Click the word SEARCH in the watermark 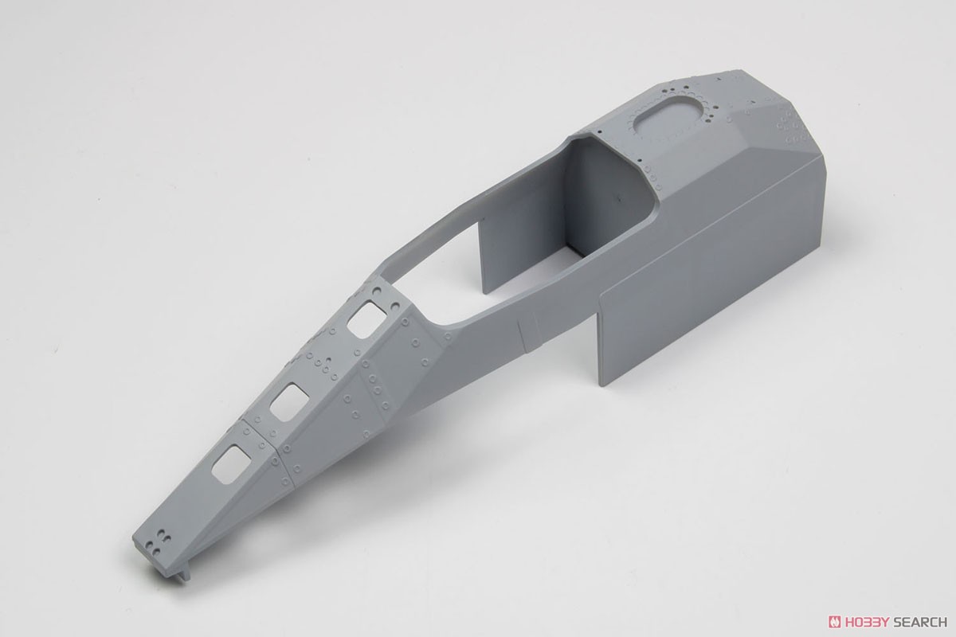(917, 622)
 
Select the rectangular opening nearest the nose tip (231, 464)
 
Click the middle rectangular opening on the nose (289, 402)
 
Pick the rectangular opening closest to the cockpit (366, 319)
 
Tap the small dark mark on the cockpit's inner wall (617, 198)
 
